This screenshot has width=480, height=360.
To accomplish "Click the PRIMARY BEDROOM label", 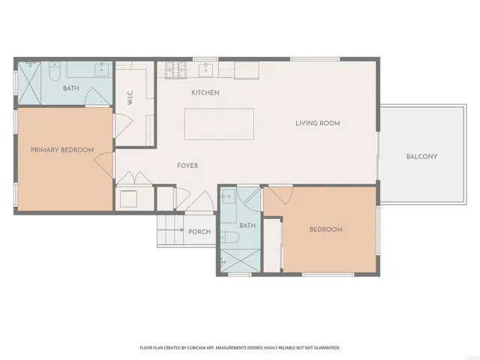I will tap(62, 150).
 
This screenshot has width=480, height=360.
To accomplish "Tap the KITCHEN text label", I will tap(205, 93).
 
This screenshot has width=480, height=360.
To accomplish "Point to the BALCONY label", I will tap(421, 157).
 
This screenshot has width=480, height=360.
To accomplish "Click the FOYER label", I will tap(187, 166).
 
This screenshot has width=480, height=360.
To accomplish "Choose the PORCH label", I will tap(199, 232).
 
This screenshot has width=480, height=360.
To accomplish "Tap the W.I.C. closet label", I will tap(130, 98).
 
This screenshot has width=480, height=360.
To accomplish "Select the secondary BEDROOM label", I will tap(325, 229).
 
